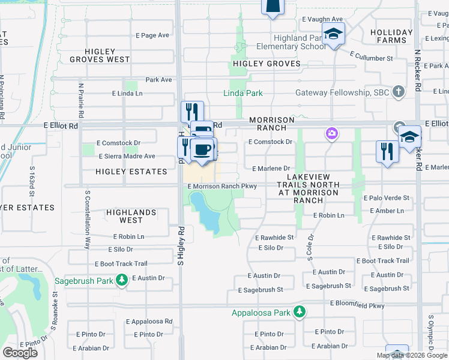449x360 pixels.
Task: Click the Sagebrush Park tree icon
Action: coord(122,280)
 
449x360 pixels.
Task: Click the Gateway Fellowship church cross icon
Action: coord(397,92)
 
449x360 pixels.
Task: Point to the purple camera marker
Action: coord(331,133)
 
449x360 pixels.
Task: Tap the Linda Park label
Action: coord(243,94)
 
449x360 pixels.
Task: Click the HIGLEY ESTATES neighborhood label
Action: coord(131,172)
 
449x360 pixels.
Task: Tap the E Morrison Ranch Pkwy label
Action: coord(222,187)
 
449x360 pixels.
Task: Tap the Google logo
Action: coord(20,353)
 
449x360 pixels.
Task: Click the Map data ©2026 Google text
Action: coord(411,355)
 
